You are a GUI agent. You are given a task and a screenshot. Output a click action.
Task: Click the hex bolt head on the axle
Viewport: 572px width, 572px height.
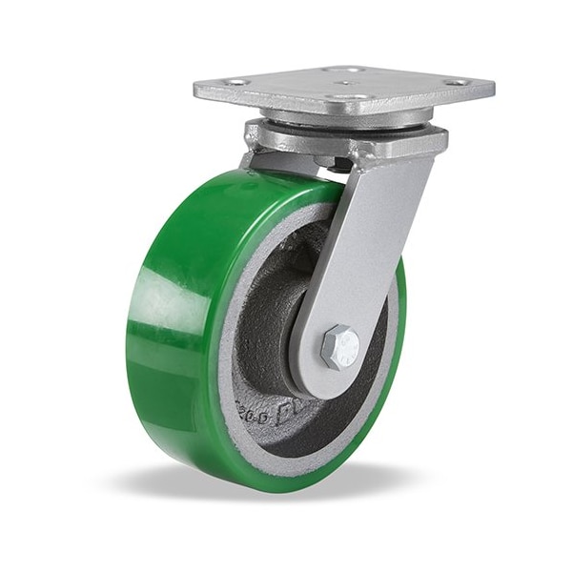[x=340, y=347]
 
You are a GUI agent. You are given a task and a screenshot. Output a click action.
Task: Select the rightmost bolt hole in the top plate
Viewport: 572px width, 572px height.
[x=459, y=83]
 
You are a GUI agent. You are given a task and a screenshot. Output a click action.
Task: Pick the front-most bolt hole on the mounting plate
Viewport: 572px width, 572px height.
[x=354, y=97]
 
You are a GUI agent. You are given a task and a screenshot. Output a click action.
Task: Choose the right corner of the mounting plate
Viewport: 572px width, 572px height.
[x=492, y=89]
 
